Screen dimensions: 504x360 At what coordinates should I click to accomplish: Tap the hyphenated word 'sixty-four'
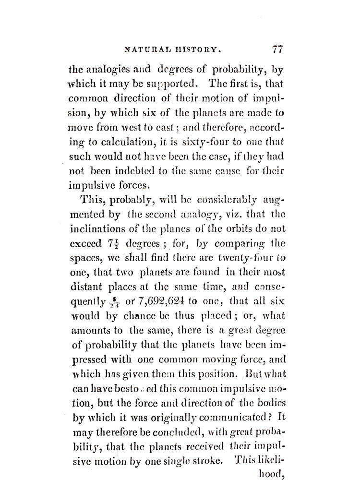coord(208,143)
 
